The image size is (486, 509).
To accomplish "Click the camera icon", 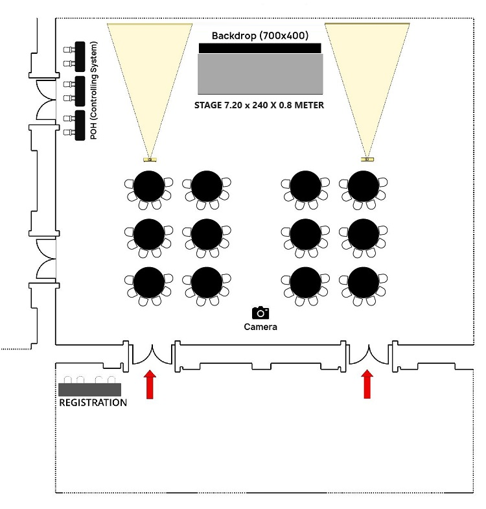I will point(260,313).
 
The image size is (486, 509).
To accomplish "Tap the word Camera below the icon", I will point(260,327).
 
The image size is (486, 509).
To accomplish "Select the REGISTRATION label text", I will point(93,403).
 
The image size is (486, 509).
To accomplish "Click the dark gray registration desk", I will point(89,389).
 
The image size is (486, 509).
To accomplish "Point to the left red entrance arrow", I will point(150,384).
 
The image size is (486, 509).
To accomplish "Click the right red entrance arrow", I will point(367,384).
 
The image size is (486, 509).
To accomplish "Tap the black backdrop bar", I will point(259,48).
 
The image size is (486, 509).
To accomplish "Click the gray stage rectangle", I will point(260,74).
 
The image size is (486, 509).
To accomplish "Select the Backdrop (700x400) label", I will point(260,35).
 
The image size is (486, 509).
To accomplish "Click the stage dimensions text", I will point(259,105).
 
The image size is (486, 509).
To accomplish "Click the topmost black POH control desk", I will point(80,56).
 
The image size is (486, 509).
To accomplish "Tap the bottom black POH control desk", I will point(80,125).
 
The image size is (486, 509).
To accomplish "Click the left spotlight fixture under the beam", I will point(150,159).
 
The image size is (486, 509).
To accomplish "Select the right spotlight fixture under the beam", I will point(367,159).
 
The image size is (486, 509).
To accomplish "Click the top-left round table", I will point(149,187).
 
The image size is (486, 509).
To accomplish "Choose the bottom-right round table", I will point(364,283).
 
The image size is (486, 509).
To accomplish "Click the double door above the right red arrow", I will point(369,353).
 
